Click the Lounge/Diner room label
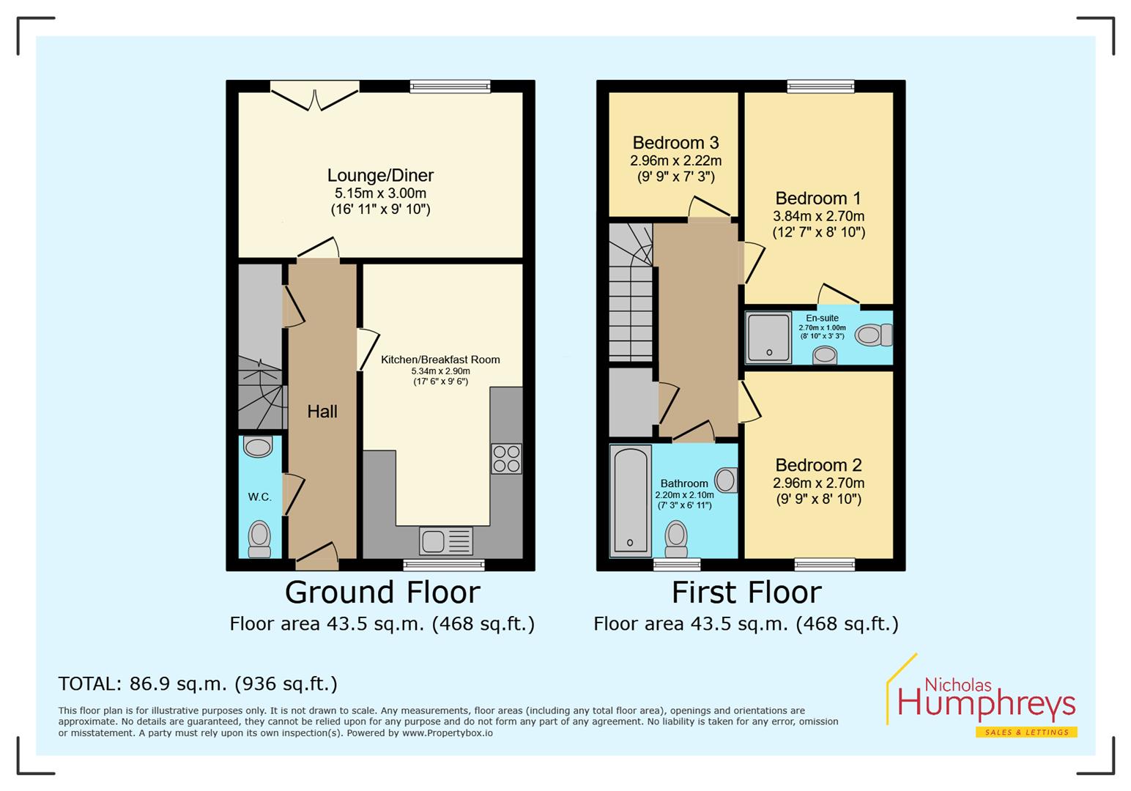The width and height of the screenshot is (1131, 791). coord(380,176)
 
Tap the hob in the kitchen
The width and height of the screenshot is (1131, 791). coord(506,458)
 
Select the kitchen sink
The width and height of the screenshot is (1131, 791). coord(445,541)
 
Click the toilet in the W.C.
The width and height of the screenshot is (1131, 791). coord(259,538)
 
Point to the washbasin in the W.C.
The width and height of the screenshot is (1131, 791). coord(258,446)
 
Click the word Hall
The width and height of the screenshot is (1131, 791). coord(322,412)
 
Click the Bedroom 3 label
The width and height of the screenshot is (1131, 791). coord(675,143)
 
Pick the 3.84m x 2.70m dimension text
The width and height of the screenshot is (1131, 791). coord(818,217)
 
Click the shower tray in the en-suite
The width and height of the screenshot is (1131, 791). coord(768,338)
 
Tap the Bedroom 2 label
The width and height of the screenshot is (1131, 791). coord(818,465)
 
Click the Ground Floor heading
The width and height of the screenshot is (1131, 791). coord(382,592)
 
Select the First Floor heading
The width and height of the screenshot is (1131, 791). coord(746,592)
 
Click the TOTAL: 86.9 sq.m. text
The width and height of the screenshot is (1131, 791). coord(198,684)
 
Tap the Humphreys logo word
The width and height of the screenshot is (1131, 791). coord(986,705)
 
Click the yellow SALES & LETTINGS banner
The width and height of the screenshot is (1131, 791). coord(1026,732)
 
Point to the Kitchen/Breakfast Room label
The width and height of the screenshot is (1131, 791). coord(440,360)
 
